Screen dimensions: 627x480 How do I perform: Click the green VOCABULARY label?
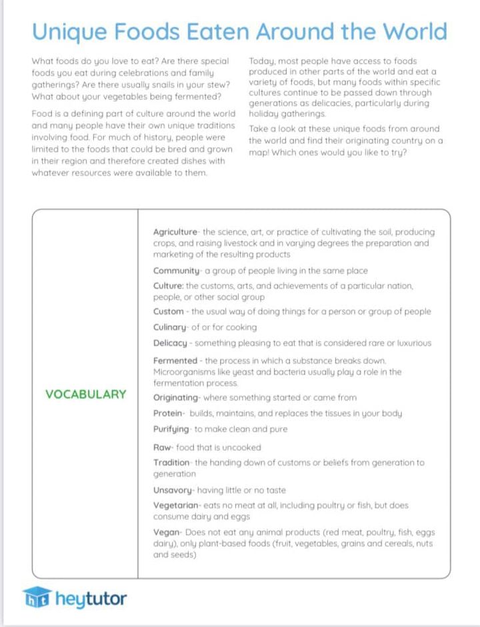[85, 394]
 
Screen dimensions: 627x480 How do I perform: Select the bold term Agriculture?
[175, 232]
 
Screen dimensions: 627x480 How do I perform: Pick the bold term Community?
[176, 271]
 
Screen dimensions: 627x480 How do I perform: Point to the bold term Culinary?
[170, 327]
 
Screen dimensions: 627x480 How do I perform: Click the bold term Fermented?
[175, 360]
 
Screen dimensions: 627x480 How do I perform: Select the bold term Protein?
[167, 413]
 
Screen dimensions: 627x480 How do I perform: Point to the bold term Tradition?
[172, 462]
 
